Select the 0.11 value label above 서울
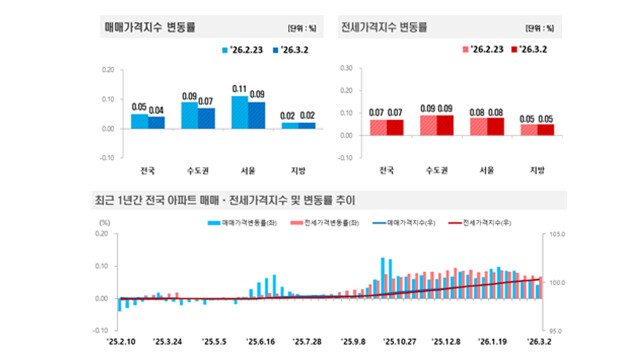click(x=238, y=89)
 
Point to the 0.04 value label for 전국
click(x=157, y=110)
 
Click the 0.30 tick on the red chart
click(x=346, y=69)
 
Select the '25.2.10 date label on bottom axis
click(x=118, y=340)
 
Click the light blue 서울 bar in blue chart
click(x=239, y=113)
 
